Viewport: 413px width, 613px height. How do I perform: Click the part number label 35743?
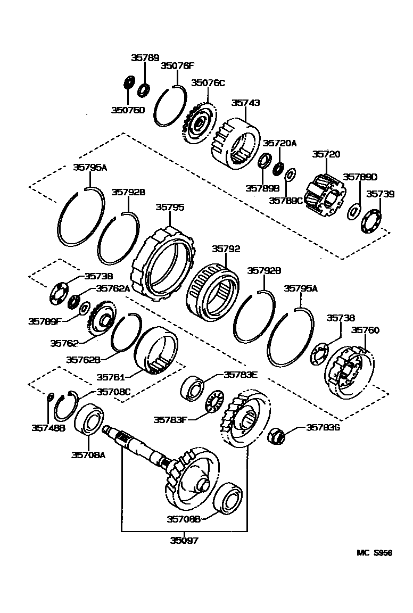point(246,103)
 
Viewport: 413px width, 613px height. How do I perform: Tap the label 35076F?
point(178,66)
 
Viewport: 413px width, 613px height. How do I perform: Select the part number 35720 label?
point(326,154)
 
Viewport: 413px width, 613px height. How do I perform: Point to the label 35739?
point(380,194)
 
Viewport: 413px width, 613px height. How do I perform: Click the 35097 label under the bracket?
point(184,541)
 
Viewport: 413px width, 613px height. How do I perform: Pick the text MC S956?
point(374,553)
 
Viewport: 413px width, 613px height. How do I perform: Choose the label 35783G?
point(323,427)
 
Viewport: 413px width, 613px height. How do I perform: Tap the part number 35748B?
point(48,427)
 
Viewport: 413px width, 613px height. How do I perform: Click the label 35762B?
point(84,360)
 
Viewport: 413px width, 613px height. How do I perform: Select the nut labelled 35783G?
point(276,435)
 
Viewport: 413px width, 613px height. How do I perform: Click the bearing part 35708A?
point(91,420)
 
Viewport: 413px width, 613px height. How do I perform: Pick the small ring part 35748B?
point(49,396)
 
